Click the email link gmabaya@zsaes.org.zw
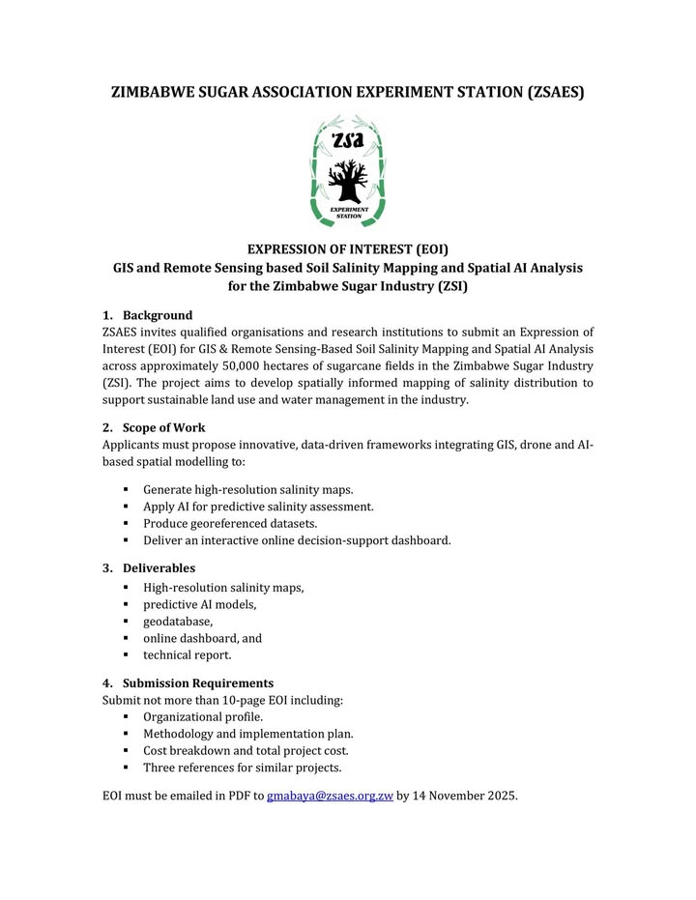coord(330,797)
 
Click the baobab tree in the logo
coord(347,181)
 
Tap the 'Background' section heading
coord(157,315)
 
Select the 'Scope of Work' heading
coord(163,427)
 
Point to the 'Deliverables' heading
coord(159,567)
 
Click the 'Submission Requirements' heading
coord(197,682)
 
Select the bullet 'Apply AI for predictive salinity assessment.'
coord(258,506)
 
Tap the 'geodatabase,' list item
coord(178,621)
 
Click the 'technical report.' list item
coord(188,654)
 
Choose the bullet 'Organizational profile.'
coord(203,716)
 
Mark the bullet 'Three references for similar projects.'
coord(243,768)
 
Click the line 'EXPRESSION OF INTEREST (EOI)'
coord(348,248)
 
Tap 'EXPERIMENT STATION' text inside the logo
coord(348,212)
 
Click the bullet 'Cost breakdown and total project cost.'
coord(246,750)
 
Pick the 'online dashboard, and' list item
coord(202,638)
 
